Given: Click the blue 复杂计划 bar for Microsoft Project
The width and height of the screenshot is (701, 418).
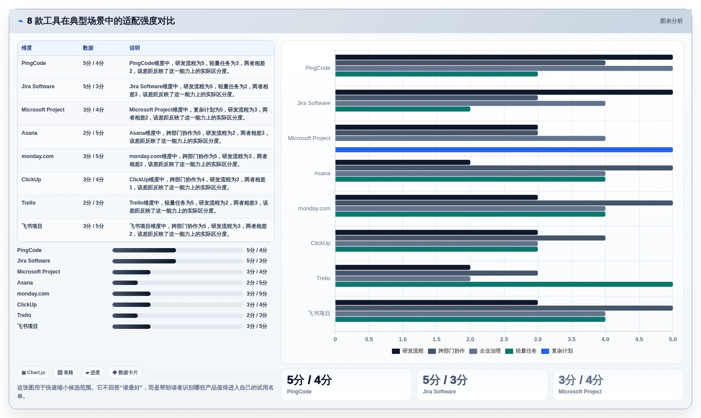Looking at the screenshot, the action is click(504, 150).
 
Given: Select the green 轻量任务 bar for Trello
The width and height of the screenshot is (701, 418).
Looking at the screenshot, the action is click(504, 285).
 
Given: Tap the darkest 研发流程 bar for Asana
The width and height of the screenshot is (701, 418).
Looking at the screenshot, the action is click(403, 162).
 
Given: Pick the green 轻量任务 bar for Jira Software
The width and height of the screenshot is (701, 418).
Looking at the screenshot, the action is click(403, 109).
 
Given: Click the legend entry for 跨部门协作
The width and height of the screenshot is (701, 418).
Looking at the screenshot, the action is click(446, 351).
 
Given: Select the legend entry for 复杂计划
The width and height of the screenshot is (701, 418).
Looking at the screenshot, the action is click(557, 351).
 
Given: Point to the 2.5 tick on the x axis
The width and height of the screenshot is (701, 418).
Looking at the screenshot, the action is click(504, 339).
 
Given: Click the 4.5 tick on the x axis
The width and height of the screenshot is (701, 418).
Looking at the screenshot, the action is click(639, 339).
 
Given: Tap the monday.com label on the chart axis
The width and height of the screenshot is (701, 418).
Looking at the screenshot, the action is click(314, 208).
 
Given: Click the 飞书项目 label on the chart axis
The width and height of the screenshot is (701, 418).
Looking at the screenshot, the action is click(319, 313).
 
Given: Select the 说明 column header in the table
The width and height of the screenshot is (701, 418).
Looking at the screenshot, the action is click(135, 48).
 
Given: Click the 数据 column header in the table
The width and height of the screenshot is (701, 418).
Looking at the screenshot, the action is click(88, 48).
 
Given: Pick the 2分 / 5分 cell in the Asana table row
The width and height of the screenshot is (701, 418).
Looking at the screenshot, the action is click(93, 133).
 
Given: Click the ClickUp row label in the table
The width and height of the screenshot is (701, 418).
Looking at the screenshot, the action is click(31, 180).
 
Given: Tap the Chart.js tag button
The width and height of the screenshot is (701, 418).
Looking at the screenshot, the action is click(33, 372).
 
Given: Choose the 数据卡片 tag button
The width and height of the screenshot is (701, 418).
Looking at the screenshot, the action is click(125, 372).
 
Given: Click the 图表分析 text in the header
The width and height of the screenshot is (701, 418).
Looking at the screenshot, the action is click(671, 21).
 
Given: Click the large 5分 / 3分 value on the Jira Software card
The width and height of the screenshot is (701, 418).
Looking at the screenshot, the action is click(445, 380).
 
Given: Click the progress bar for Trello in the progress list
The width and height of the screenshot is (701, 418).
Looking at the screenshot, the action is click(178, 316).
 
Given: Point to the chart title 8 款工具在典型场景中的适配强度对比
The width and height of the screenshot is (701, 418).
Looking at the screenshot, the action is click(101, 21).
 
